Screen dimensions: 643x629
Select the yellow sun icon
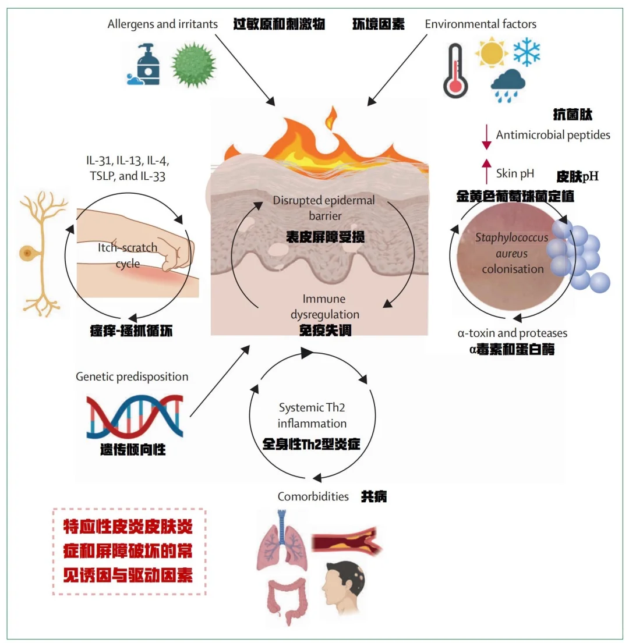tap(492, 53)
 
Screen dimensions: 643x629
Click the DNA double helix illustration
tap(135, 415)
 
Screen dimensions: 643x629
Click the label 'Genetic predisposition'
tap(132, 376)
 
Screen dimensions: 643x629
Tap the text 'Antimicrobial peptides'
tap(553, 135)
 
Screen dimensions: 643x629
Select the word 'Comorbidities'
tap(313, 496)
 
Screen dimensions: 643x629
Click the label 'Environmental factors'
tap(480, 24)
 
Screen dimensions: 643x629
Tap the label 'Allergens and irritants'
tap(162, 24)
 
